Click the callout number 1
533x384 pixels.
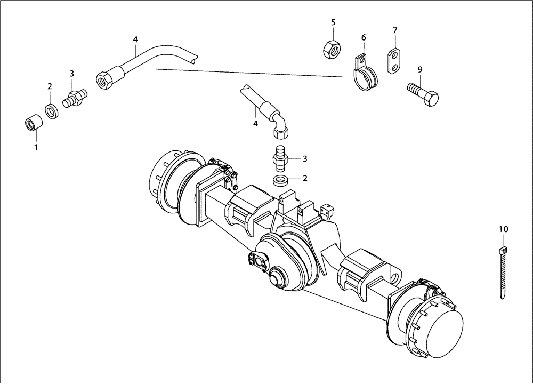pyautogui.click(x=36, y=147)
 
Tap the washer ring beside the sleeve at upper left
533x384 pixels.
pyautogui.click(x=52, y=111)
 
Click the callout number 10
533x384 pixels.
pyautogui.click(x=504, y=229)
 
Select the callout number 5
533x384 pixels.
pyautogui.click(x=333, y=22)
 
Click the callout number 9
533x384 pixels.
pyautogui.click(x=420, y=69)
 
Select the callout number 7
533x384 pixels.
pyautogui.click(x=395, y=30)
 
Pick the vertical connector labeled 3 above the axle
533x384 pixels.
pyautogui.click(x=280, y=157)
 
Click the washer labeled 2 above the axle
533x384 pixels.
pyautogui.click(x=280, y=180)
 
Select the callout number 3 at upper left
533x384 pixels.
pyautogui.click(x=71, y=73)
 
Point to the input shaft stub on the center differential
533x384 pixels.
pyautogui.click(x=278, y=278)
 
